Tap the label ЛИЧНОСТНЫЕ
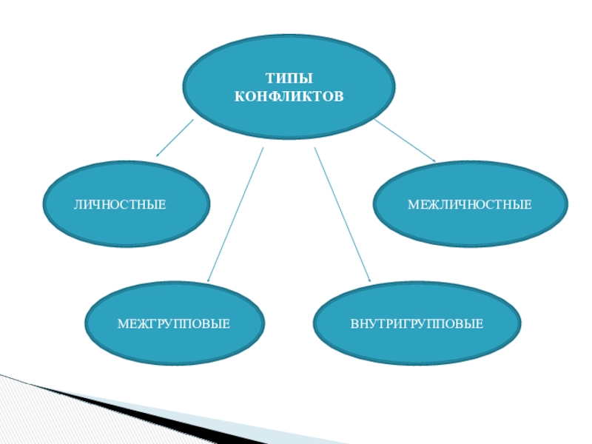119,203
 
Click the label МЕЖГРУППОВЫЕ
173,324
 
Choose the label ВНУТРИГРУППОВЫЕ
417,324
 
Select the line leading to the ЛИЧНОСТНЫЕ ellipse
175,138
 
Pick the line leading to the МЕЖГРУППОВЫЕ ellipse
235,215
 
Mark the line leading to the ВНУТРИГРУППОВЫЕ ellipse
342,215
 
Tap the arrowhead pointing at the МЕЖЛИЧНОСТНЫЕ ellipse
432,158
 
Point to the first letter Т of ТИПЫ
269,78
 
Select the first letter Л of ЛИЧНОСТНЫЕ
77,203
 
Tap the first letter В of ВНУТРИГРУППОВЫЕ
354,324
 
